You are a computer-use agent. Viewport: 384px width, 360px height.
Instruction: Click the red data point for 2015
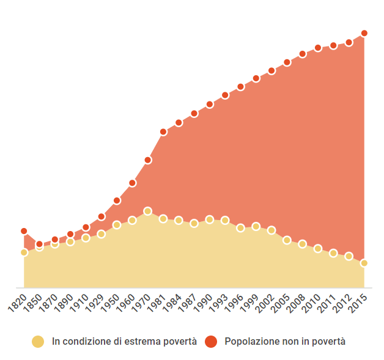click(364, 33)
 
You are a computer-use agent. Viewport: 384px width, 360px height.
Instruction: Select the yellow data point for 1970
click(147, 211)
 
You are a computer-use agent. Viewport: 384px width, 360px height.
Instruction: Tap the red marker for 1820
click(24, 231)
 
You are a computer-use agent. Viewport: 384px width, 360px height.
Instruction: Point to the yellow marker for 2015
click(364, 263)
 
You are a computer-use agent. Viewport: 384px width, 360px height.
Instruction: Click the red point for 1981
click(163, 132)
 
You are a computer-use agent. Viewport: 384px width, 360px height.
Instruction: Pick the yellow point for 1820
click(24, 252)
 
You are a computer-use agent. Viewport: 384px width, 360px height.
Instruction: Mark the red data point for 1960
click(132, 183)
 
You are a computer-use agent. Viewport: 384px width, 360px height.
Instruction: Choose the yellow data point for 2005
click(287, 240)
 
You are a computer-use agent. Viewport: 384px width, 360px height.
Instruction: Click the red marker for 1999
click(256, 78)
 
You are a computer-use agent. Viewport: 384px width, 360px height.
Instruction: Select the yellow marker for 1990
click(210, 219)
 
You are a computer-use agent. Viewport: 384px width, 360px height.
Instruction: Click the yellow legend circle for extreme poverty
click(38, 342)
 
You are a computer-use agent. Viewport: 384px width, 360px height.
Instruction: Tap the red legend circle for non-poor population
click(211, 342)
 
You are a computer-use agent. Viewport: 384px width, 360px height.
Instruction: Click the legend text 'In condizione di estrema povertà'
click(124, 342)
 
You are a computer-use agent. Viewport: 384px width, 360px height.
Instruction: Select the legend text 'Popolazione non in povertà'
click(285, 342)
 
